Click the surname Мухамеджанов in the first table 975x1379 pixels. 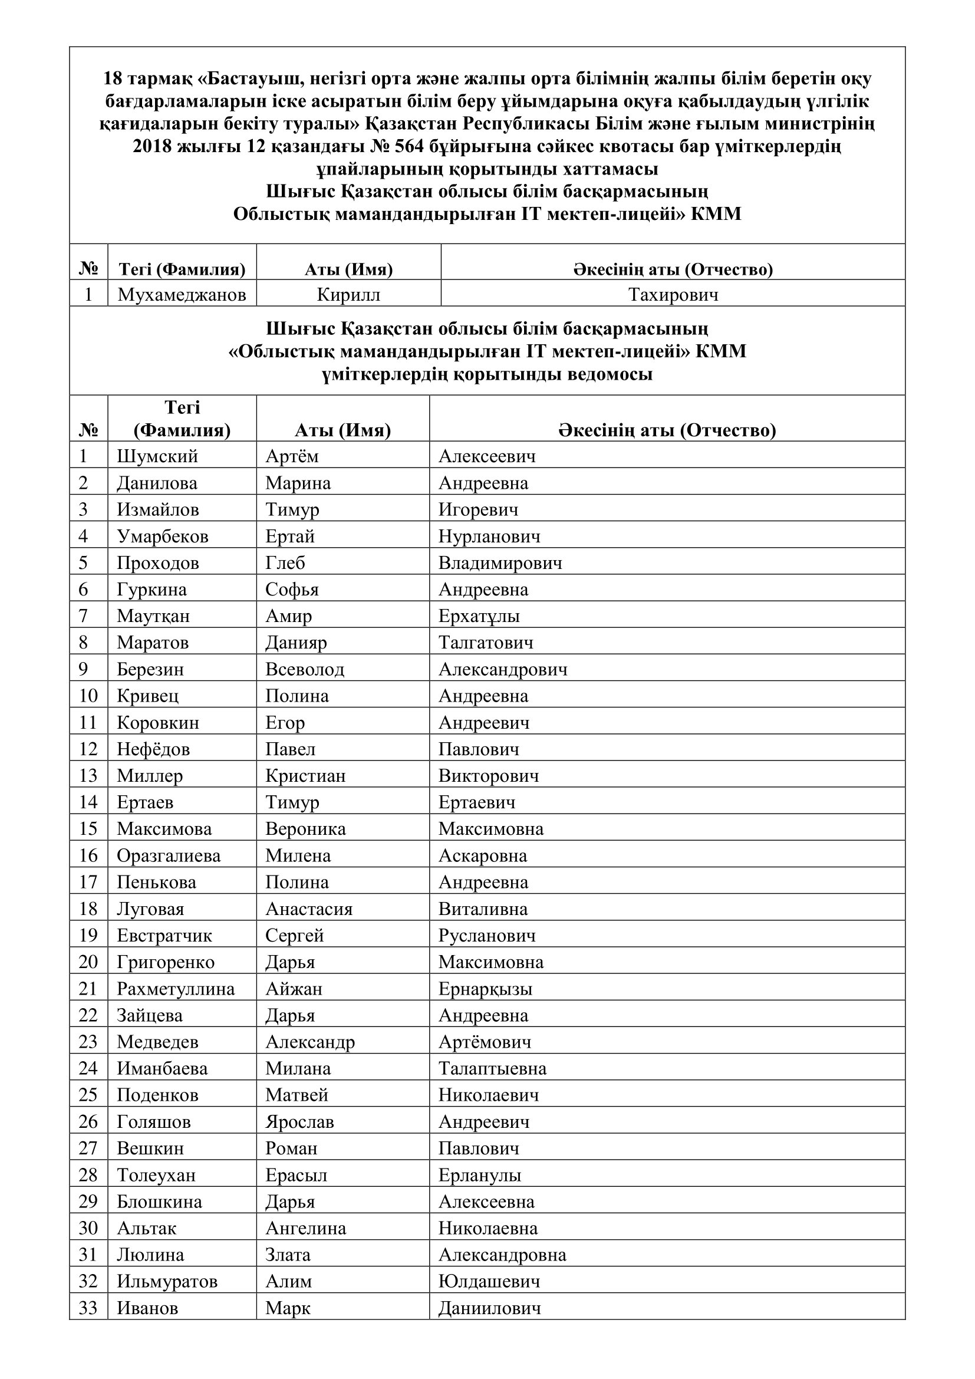[182, 295]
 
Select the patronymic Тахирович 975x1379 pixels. [673, 295]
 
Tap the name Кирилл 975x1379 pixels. [348, 295]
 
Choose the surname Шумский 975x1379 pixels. [157, 456]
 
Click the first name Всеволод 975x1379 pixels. [305, 669]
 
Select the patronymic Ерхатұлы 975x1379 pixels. [479, 616]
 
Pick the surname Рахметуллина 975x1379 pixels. [175, 989]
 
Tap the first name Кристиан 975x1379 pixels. [305, 776]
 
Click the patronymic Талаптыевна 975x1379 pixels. [492, 1068]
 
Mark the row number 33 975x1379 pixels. [88, 1308]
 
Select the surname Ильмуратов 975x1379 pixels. [167, 1282]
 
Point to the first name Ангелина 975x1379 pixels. [305, 1228]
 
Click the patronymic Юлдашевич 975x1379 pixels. [489, 1282]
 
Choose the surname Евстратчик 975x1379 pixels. [164, 936]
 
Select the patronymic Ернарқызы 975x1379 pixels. [485, 989]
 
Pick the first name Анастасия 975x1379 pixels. [308, 909]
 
